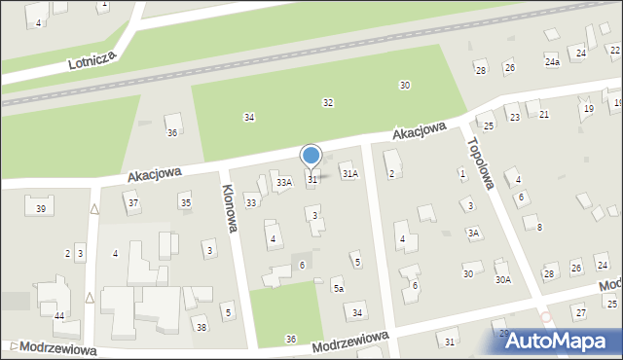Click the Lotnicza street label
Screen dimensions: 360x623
point(92,60)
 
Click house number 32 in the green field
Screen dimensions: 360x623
point(328,102)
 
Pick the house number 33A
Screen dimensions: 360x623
point(283,182)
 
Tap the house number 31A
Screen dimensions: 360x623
point(349,173)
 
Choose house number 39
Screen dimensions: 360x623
point(40,209)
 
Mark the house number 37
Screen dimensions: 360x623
point(133,202)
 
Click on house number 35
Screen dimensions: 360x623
point(185,201)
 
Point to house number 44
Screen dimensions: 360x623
point(59,316)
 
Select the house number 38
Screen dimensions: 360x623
point(201,327)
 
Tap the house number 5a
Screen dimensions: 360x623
point(338,288)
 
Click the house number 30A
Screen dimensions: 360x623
point(502,279)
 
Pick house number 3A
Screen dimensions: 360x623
point(473,233)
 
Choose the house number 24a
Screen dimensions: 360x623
point(552,62)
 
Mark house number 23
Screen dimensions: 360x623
point(514,117)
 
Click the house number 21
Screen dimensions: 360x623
point(543,114)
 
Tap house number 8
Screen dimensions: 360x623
point(539,227)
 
